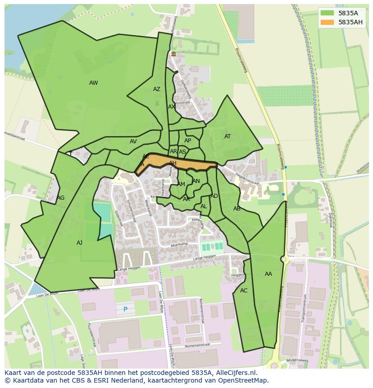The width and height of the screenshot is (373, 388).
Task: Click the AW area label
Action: click(x=93, y=83)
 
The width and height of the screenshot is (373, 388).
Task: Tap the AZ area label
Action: click(x=156, y=89)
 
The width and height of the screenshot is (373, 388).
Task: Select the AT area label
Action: click(x=227, y=137)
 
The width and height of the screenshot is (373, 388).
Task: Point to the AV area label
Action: click(x=133, y=142)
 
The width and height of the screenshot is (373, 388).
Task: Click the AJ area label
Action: click(x=79, y=243)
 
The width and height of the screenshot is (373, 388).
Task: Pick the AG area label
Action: click(x=60, y=198)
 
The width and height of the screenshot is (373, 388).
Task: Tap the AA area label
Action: click(x=268, y=274)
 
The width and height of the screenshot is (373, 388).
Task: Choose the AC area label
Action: click(x=244, y=291)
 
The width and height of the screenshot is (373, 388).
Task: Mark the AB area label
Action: click(x=237, y=209)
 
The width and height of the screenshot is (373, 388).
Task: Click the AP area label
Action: click(x=187, y=141)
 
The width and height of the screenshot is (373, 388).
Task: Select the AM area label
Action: click(x=181, y=184)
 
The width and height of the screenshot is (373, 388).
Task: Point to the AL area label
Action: click(x=204, y=206)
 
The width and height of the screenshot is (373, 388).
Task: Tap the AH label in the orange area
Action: click(x=173, y=163)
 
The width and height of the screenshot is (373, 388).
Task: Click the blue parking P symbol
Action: click(x=125, y=310)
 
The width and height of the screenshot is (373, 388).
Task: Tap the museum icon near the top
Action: click(x=173, y=54)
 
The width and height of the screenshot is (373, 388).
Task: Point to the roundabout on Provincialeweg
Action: click(x=284, y=260)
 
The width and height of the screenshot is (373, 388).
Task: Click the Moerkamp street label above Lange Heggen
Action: click(x=179, y=244)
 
